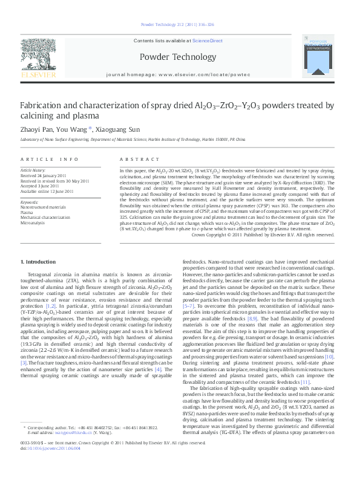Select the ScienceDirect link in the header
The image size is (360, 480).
(208, 41)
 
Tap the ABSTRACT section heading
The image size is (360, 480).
(134, 159)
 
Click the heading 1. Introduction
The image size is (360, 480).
(38, 262)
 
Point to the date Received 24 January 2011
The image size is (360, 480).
(42, 176)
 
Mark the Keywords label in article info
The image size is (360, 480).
(30, 202)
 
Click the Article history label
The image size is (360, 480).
(33, 171)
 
